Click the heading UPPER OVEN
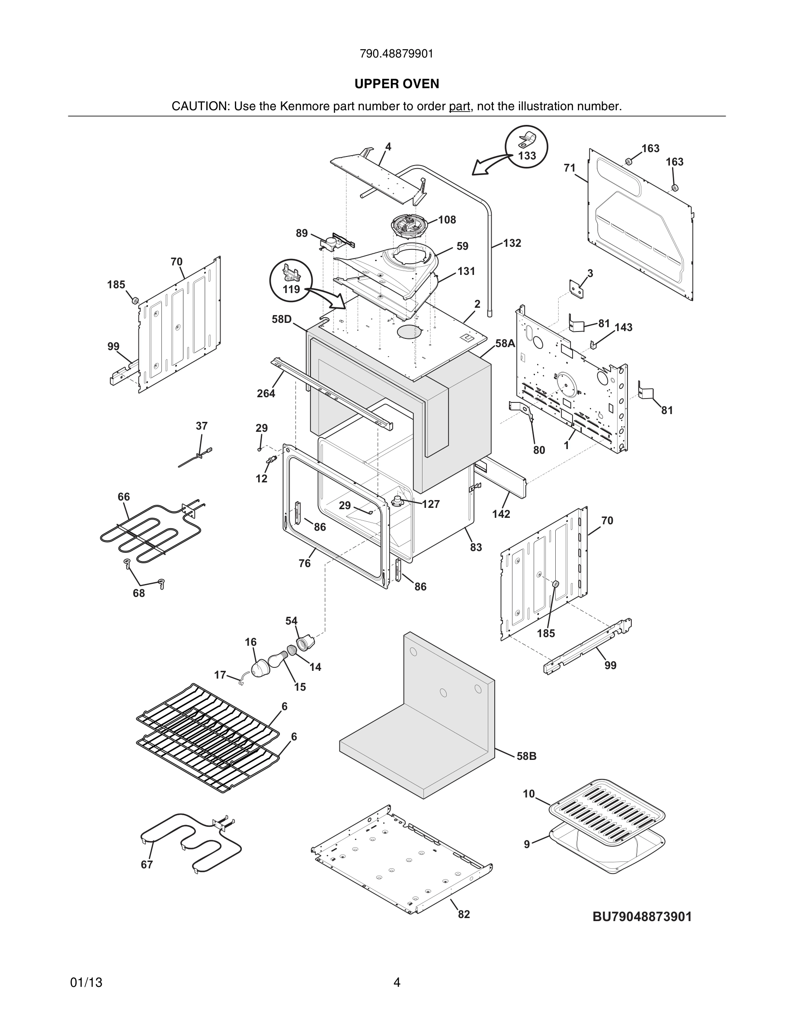[x=397, y=84]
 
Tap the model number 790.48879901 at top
[x=397, y=54]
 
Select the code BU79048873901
[x=642, y=916]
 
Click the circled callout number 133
[x=527, y=156]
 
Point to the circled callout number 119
[x=291, y=289]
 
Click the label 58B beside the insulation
[x=526, y=756]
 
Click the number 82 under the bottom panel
[x=464, y=914]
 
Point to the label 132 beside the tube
[x=512, y=243]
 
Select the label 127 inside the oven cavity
[x=430, y=504]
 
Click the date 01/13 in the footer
[x=86, y=982]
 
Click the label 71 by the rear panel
[x=570, y=168]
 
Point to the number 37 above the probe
[x=202, y=426]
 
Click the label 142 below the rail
[x=501, y=514]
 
